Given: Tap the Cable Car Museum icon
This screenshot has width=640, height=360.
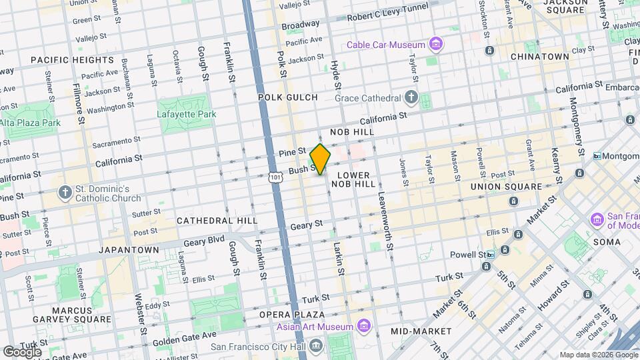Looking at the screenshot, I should [436, 45].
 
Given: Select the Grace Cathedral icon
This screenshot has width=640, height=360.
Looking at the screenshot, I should [411, 97].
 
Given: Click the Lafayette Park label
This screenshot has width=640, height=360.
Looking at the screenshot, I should [187, 114].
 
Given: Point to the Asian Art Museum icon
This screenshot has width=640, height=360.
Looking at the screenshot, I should [363, 326].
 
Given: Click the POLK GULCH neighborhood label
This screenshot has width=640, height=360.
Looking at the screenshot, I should [288, 97].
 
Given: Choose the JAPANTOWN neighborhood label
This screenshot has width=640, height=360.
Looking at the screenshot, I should [129, 250].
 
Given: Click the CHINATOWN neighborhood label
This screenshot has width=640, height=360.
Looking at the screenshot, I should [540, 57].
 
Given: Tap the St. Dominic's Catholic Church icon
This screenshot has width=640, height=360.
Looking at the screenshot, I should [65, 193].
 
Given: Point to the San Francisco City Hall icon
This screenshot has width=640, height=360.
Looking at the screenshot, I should [315, 345].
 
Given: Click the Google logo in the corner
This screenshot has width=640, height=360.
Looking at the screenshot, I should [22, 351].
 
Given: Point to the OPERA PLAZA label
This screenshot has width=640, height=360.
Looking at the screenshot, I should [292, 315].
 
